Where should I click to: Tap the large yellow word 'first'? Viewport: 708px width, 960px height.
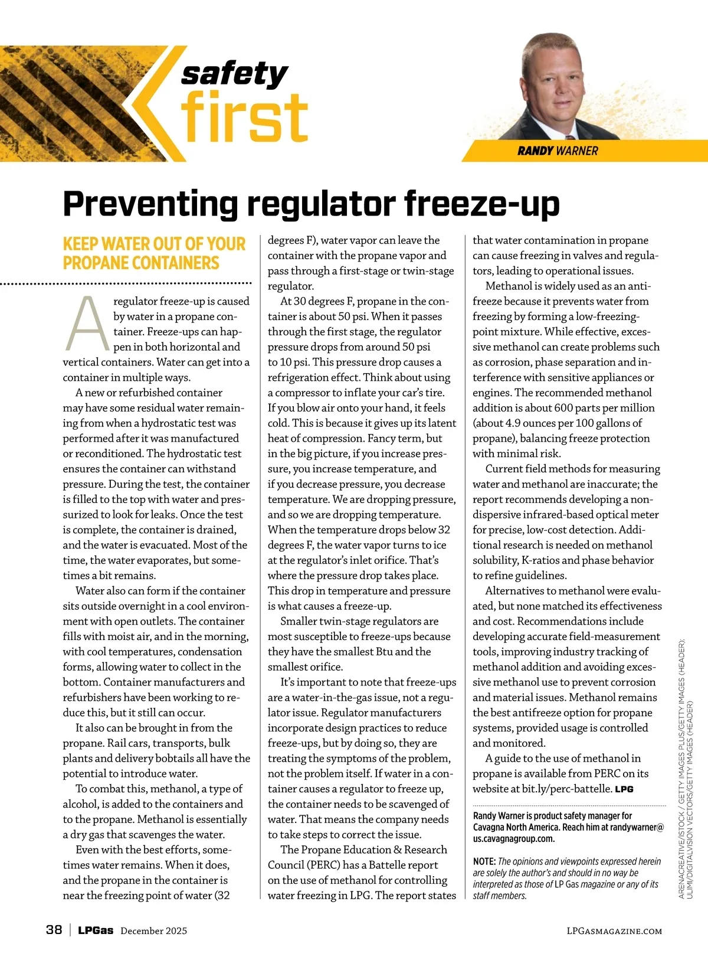tap(244, 117)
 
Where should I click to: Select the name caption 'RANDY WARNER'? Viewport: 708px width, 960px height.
tap(558, 151)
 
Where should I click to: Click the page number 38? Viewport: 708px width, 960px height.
tap(54, 930)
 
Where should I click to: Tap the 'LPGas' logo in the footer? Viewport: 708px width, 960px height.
tap(96, 930)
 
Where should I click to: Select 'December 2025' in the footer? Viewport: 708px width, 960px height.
tap(153, 931)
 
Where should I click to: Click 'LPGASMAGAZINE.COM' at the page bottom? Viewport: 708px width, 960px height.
tap(614, 931)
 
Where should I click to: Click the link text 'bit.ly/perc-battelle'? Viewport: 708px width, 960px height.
tap(566, 789)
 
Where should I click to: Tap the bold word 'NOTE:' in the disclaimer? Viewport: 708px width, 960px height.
tap(484, 861)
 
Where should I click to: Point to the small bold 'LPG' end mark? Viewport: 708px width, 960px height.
tap(624, 789)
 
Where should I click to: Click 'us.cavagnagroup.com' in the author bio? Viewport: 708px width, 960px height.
tap(513, 839)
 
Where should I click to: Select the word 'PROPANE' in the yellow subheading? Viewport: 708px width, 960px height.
tap(94, 263)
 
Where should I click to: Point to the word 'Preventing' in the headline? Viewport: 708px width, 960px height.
tap(150, 204)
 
